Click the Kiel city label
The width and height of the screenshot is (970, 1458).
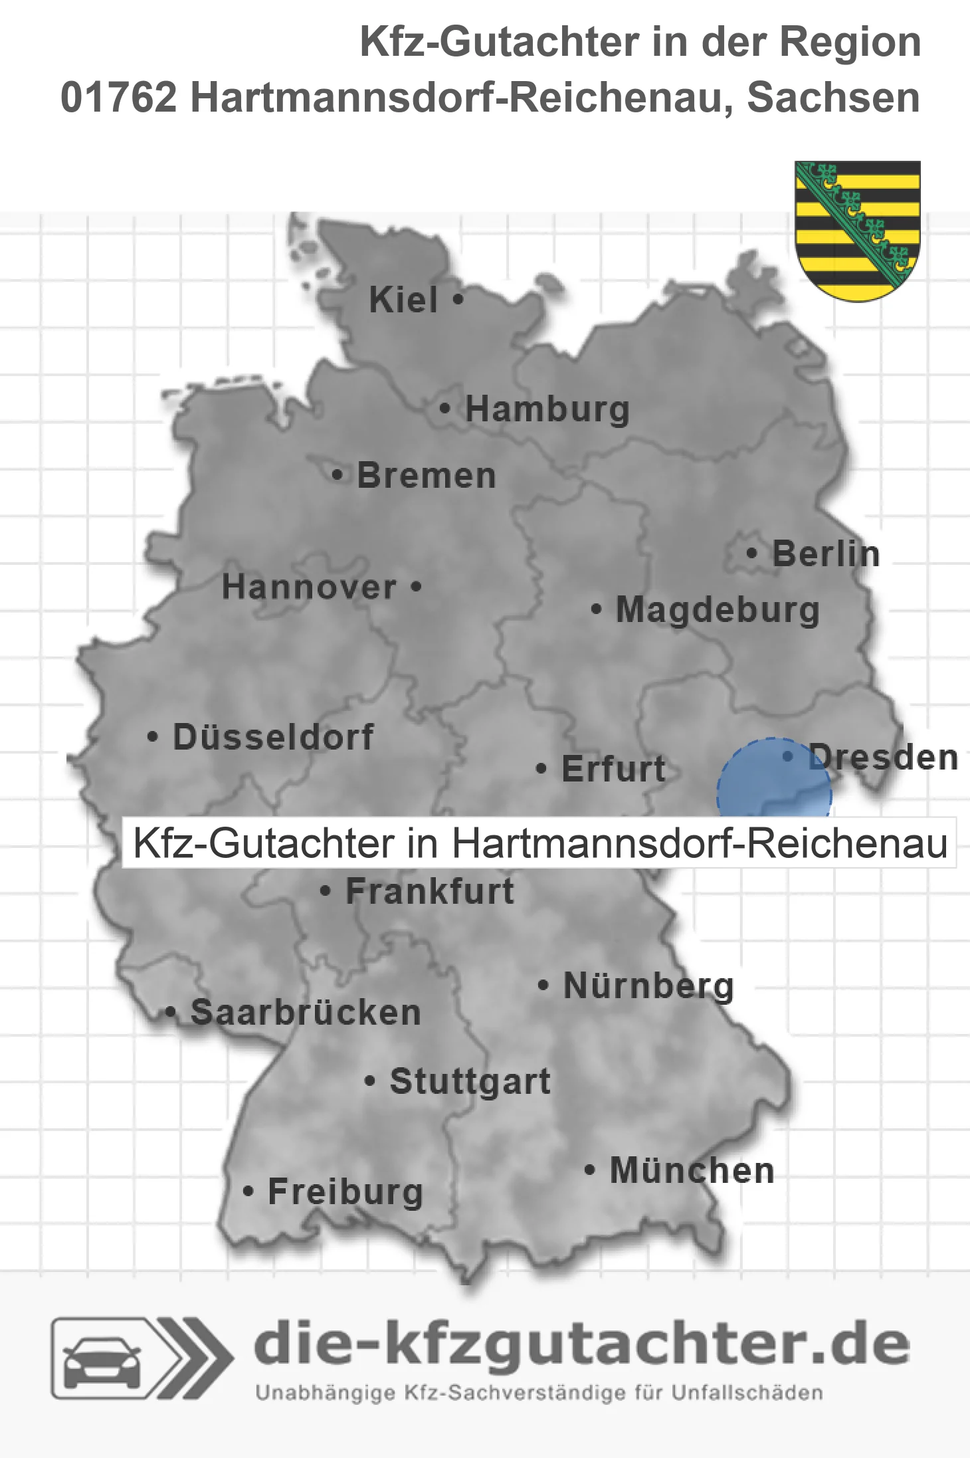tap(403, 300)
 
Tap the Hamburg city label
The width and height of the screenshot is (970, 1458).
tap(547, 409)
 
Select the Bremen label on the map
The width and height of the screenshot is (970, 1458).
tap(426, 476)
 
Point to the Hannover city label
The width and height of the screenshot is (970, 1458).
tap(309, 587)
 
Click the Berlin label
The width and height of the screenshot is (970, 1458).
tap(826, 554)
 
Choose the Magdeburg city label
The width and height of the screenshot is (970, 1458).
tap(718, 609)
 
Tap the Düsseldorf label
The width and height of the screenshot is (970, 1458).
tap(273, 737)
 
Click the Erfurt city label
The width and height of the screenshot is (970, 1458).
tap(613, 769)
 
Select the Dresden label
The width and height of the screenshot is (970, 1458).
tap(884, 758)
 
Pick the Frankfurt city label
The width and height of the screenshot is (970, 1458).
tap(430, 891)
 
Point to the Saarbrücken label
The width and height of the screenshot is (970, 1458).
tap(306, 1013)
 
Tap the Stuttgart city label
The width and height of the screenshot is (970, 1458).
tap(470, 1081)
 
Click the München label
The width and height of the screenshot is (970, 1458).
tap(692, 1170)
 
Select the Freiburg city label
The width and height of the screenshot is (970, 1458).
tap(345, 1192)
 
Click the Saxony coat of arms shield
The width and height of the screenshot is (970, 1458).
tap(857, 229)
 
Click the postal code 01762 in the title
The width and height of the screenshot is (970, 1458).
tap(119, 98)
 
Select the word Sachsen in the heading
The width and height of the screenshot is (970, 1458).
tap(833, 98)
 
